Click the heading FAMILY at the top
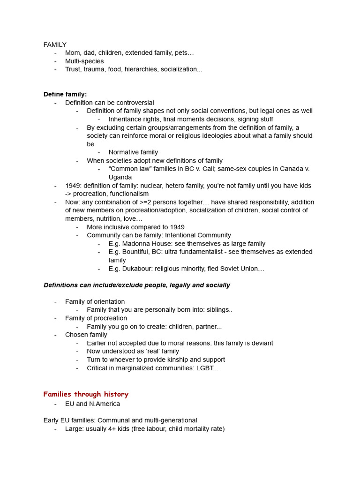[55, 45]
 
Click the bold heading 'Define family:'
[65, 94]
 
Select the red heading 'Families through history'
[86, 394]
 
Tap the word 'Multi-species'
[84, 61]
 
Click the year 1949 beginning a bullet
[73, 186]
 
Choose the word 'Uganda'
[120, 177]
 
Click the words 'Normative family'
[133, 152]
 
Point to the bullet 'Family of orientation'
[95, 301]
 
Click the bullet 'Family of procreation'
[96, 318]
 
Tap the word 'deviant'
[261, 343]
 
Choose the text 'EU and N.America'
[92, 404]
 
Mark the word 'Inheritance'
[127, 119]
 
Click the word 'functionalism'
[127, 194]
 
